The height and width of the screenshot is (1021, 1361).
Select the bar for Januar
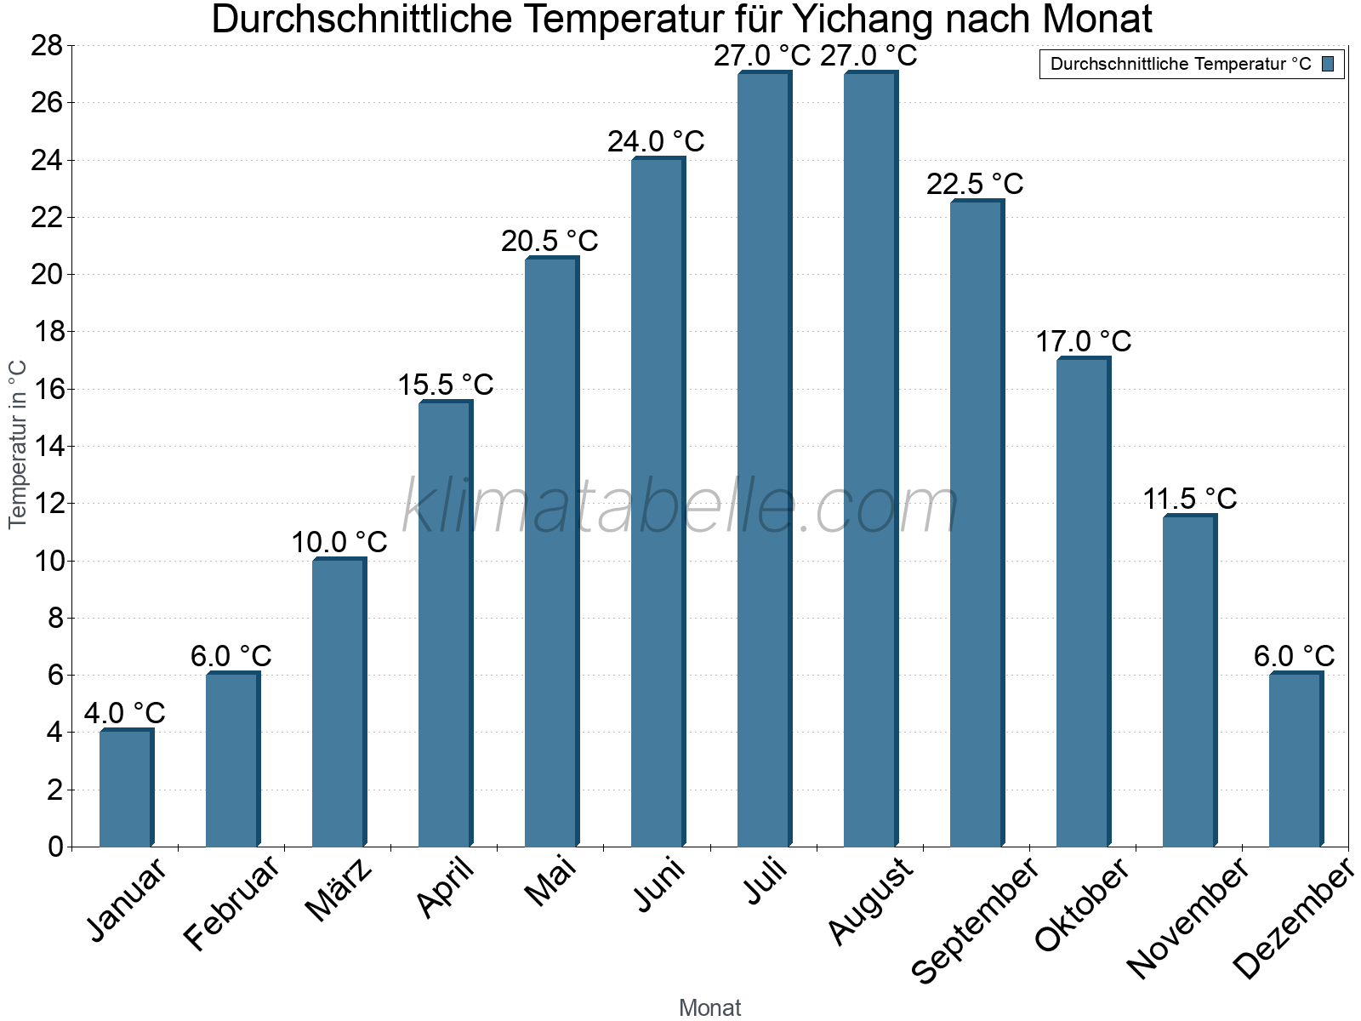pyautogui.click(x=126, y=788)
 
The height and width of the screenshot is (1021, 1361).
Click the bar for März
pyautogui.click(x=339, y=702)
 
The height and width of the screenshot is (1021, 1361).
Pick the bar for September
pyautogui.click(x=977, y=523)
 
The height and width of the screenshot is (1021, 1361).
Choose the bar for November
pyautogui.click(x=1189, y=681)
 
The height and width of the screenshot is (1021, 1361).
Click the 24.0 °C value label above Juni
pyautogui.click(x=656, y=141)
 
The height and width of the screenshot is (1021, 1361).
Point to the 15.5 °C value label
pyautogui.click(x=446, y=385)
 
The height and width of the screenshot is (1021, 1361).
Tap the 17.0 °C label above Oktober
pyautogui.click(x=1083, y=342)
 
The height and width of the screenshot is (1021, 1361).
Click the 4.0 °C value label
pyautogui.click(x=124, y=713)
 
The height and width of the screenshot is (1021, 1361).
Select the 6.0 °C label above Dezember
pyautogui.click(x=1294, y=657)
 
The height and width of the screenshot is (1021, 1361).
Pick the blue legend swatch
pyautogui.click(x=1328, y=64)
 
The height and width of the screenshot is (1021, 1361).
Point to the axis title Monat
pyautogui.click(x=710, y=1007)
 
